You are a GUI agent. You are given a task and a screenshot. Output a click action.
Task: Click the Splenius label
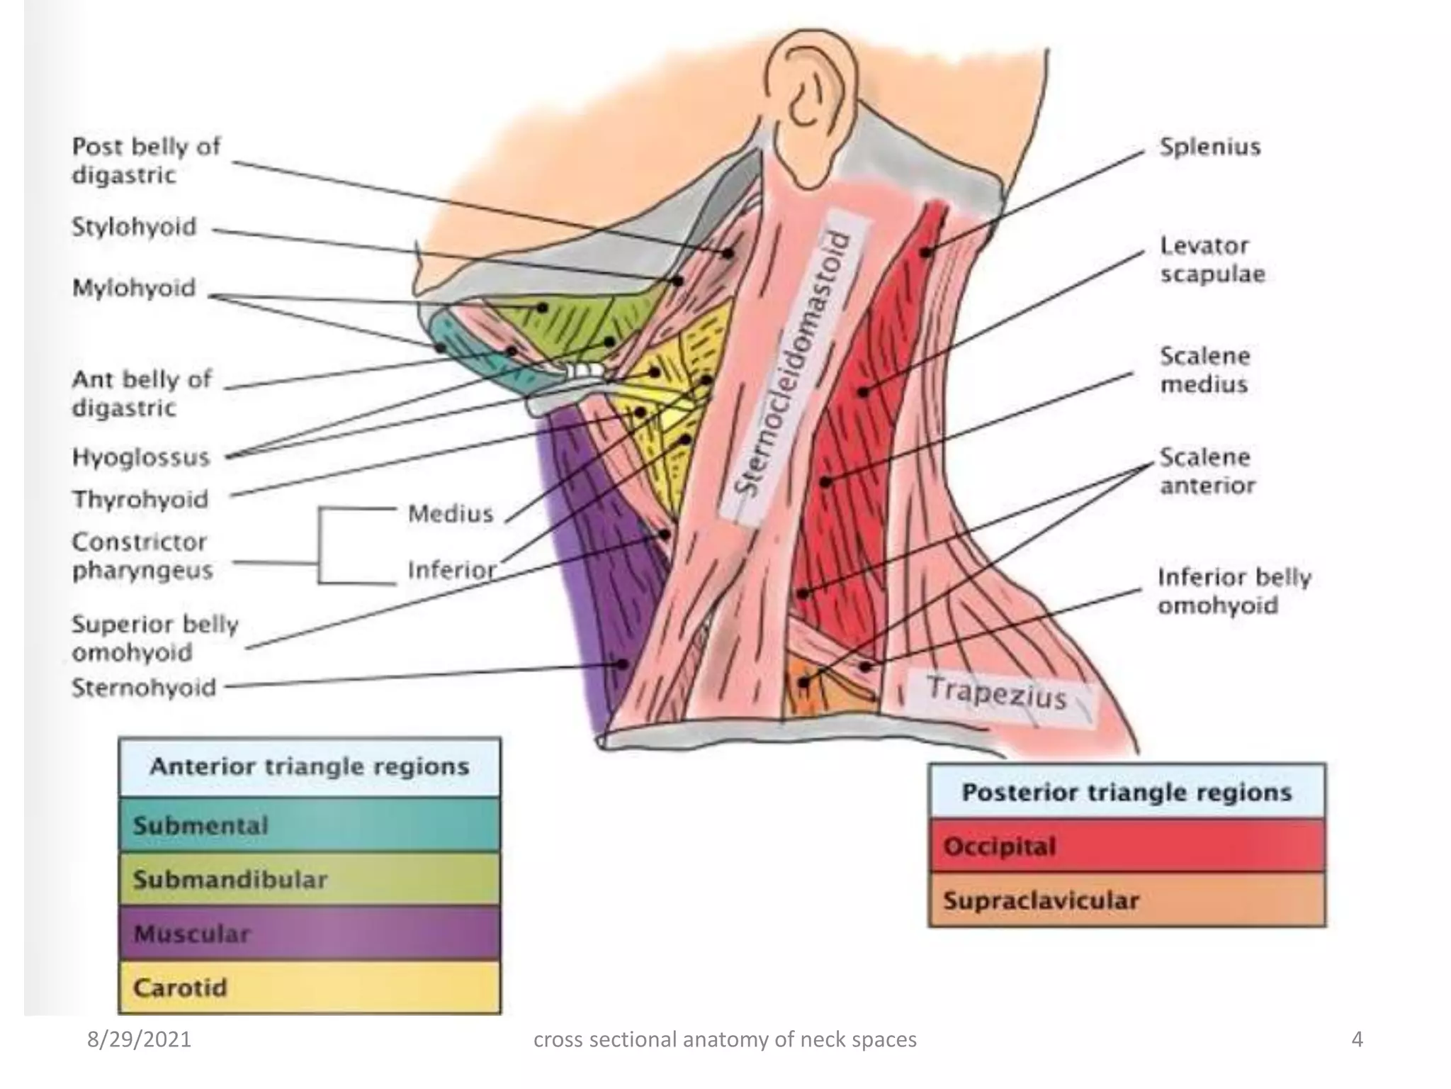coord(1209,147)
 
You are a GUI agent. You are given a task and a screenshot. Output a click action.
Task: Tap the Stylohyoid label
coord(134,227)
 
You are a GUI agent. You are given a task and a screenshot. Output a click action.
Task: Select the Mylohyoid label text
coord(133,288)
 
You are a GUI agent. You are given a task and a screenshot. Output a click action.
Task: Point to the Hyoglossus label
coord(140,457)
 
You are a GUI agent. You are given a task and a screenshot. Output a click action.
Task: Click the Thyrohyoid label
coord(140,499)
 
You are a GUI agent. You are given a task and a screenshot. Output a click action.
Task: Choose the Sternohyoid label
coord(143,688)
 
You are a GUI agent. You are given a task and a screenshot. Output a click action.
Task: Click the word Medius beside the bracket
coord(450,513)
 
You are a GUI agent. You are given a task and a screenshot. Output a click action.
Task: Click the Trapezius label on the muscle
coord(995,693)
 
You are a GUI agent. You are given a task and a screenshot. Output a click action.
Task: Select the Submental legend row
coord(310,825)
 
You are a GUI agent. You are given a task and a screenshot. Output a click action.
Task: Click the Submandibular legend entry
coord(310,880)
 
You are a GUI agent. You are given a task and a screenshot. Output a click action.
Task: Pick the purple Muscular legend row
coord(310,934)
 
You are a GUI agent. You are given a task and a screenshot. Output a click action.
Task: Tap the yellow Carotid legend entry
coord(310,988)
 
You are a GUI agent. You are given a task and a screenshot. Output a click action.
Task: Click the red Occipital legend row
coord(1127,847)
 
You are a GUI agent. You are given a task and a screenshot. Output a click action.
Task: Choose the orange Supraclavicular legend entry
coord(1127,900)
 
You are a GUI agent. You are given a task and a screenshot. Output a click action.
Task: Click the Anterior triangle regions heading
coord(310,767)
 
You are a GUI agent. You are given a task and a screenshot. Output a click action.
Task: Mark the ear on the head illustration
coord(808,99)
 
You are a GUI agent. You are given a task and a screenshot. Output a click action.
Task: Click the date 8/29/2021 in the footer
coord(139,1039)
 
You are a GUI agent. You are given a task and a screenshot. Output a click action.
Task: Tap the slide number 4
coord(1357,1039)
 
